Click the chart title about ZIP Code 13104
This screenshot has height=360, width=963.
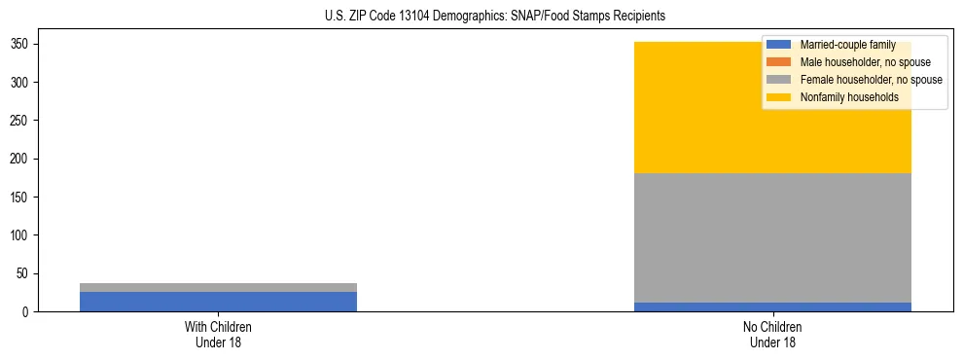click(495, 17)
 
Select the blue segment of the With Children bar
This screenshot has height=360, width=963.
click(218, 302)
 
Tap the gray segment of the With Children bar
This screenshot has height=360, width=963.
click(218, 287)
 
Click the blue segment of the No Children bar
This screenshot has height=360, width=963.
click(772, 306)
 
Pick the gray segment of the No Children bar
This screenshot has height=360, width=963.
click(772, 237)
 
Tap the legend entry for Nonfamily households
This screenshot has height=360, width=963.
click(842, 97)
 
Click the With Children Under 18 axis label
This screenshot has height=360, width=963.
click(218, 334)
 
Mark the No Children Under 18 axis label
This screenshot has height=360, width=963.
click(772, 334)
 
